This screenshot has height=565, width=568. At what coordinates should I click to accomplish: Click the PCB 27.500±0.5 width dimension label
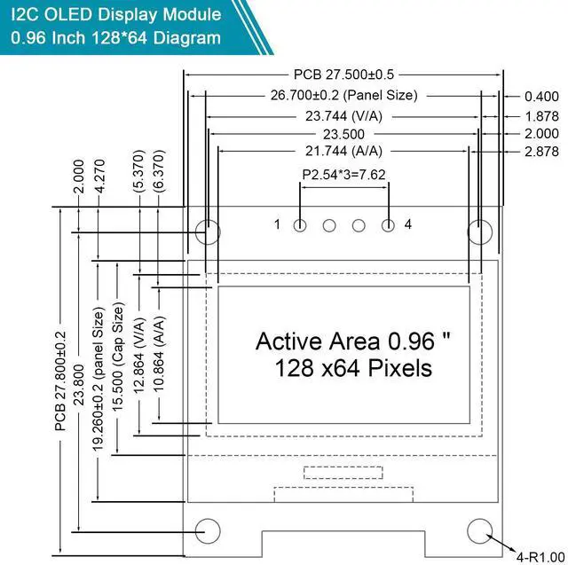[343, 75]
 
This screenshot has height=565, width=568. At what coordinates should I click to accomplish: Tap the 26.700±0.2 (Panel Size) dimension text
[343, 95]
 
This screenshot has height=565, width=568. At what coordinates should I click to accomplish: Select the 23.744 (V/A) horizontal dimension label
[343, 114]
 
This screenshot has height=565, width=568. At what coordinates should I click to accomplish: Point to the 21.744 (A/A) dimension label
[343, 152]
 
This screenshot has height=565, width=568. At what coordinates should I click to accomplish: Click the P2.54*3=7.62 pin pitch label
[343, 175]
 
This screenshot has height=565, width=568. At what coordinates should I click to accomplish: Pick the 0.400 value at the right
[541, 96]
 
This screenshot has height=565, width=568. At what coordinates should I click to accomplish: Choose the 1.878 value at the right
[541, 115]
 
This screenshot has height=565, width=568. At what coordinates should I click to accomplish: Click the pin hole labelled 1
[300, 225]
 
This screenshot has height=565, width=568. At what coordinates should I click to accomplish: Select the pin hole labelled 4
[388, 225]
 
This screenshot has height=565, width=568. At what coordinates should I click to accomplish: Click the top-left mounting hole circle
[208, 233]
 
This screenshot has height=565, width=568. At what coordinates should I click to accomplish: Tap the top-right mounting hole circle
[479, 233]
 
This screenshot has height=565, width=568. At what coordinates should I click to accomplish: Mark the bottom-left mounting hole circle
[208, 529]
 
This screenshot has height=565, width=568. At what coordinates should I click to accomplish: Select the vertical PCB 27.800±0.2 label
[61, 381]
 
